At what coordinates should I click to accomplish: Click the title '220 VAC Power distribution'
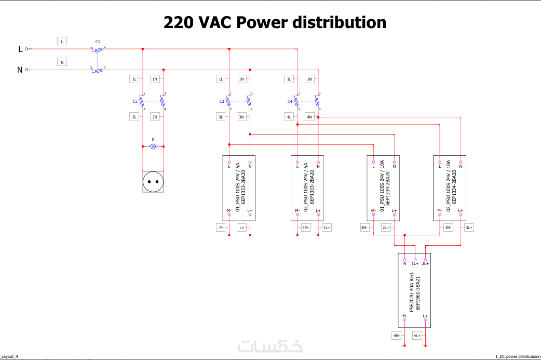tap(275, 22)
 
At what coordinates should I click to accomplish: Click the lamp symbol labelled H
tap(153, 146)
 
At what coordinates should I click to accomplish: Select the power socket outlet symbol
tap(153, 181)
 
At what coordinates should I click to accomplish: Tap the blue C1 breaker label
tap(98, 42)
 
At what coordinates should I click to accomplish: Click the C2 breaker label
tap(135, 101)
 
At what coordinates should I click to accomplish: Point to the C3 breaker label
tap(222, 101)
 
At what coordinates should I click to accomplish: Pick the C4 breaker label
tap(290, 101)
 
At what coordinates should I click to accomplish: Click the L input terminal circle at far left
tap(26, 49)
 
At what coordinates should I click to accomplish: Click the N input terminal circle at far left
tap(26, 70)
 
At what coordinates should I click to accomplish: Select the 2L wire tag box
tap(134, 117)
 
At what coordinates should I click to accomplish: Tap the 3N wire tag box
tap(241, 117)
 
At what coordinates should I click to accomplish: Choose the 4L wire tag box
tap(289, 117)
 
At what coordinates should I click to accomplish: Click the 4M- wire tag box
tap(397, 336)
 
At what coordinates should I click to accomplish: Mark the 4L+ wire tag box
tap(417, 336)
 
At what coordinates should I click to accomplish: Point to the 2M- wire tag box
tap(365, 228)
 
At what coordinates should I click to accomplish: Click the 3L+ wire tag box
tap(469, 228)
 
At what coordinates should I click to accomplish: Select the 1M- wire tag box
tap(306, 228)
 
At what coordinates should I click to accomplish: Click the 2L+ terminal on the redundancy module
tap(425, 259)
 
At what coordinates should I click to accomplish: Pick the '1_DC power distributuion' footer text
tap(517, 356)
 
